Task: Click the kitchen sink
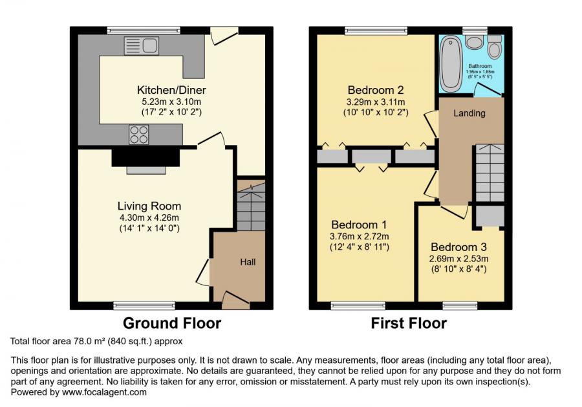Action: [x=142, y=46]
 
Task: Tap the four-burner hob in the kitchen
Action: [x=139, y=134]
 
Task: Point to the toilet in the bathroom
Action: [x=495, y=46]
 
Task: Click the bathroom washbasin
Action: [x=473, y=41]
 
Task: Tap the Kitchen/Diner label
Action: [x=171, y=90]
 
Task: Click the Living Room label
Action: [x=149, y=206]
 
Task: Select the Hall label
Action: [x=248, y=262]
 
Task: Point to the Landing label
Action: [x=469, y=113]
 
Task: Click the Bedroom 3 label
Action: [x=458, y=247]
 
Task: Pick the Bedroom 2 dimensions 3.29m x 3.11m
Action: [x=376, y=102]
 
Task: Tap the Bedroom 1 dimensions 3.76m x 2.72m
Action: [x=360, y=236]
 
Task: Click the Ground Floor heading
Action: [x=172, y=323]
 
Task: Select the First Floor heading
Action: [x=409, y=323]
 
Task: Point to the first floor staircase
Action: [x=490, y=173]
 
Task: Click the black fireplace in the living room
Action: [x=146, y=157]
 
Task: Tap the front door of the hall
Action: [x=235, y=301]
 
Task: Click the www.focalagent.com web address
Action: [x=104, y=392]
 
